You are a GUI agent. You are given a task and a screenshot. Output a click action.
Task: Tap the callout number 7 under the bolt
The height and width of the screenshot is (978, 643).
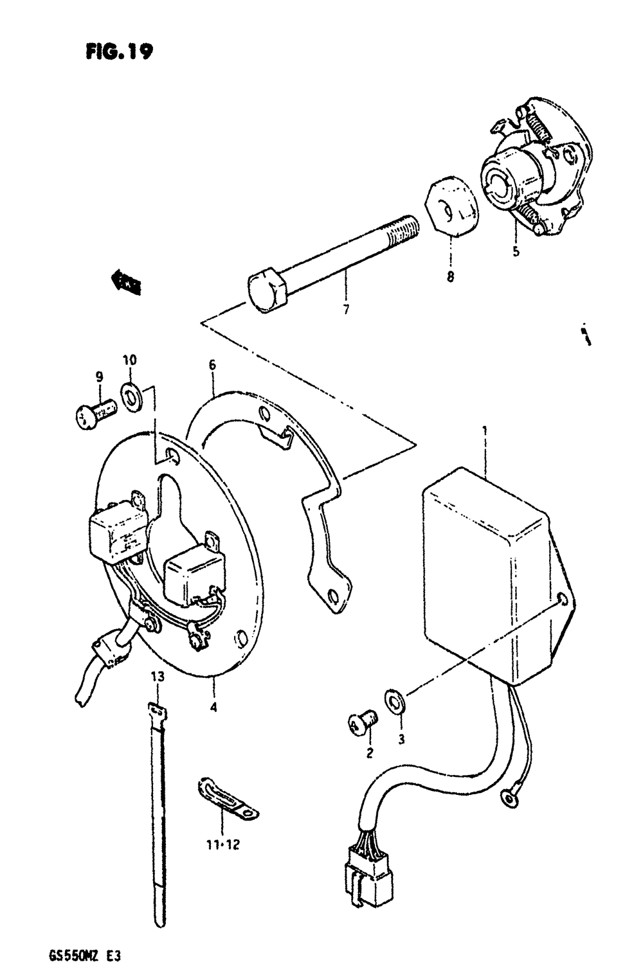[x=345, y=310]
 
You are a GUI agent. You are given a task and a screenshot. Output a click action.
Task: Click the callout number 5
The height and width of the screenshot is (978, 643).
[x=516, y=251]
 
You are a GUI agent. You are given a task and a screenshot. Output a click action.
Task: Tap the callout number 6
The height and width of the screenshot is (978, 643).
[x=212, y=365]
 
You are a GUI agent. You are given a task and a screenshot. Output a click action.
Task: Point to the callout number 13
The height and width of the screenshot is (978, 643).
[x=157, y=676]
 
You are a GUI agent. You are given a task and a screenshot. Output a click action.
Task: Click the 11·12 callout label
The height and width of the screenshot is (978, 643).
[x=223, y=844]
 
